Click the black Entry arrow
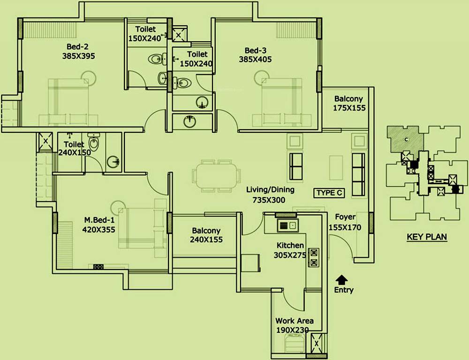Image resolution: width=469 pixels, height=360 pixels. click(x=342, y=279)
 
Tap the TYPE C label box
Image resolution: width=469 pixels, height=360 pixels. click(x=329, y=193)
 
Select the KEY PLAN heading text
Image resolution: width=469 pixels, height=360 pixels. click(x=426, y=237)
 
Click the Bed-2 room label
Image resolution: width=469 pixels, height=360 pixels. click(x=78, y=46)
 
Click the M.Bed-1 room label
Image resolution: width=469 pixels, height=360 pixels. click(x=99, y=220)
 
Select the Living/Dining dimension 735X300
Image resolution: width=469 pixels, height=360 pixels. click(x=266, y=200)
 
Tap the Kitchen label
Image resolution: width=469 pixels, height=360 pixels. click(x=290, y=246)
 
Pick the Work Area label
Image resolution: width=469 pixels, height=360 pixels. click(x=295, y=321)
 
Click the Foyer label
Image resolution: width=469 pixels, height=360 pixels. click(x=345, y=217)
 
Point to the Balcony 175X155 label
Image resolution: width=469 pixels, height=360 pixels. click(x=348, y=103)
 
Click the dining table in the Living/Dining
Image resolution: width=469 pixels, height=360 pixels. click(x=216, y=176)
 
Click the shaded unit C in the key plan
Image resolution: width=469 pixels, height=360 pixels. click(x=405, y=139)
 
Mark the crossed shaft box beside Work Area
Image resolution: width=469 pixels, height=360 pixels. click(x=318, y=344)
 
